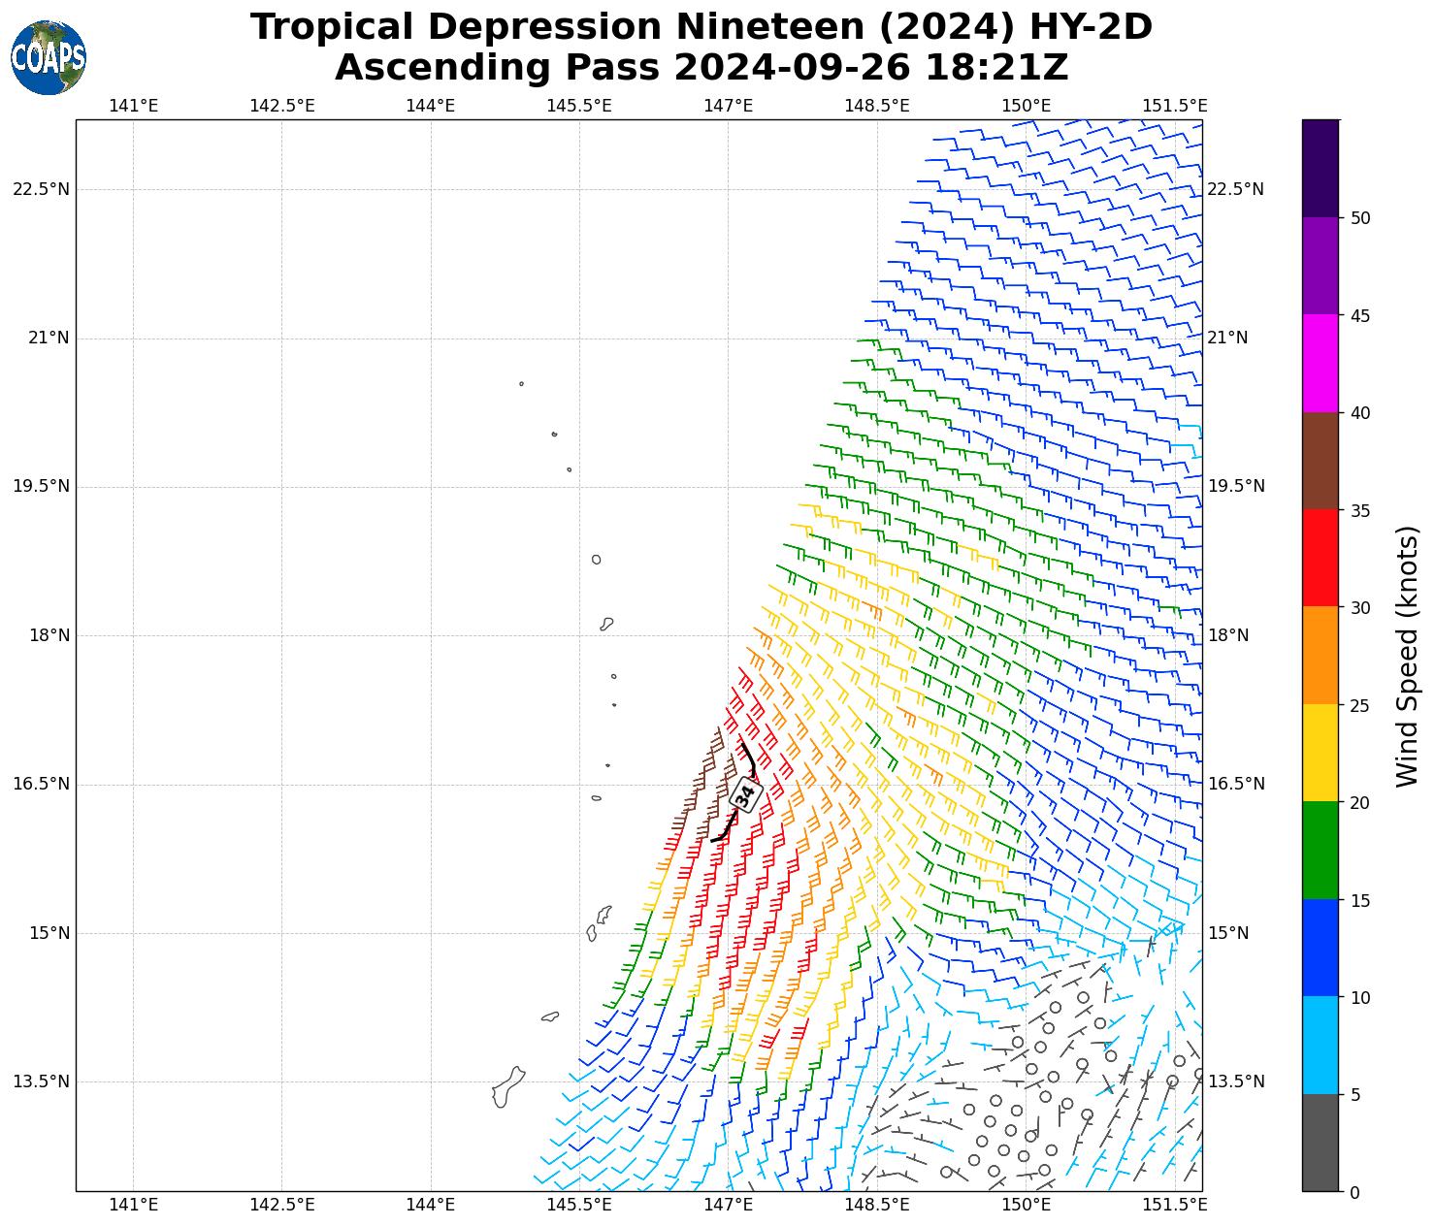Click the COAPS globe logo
[49, 58]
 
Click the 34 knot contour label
[745, 793]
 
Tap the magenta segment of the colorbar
[1320, 364]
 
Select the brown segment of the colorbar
[1320, 462]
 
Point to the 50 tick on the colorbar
[1360, 218]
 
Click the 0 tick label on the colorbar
[1354, 1193]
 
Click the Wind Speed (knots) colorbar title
[1407, 657]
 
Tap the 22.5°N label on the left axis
[41, 189]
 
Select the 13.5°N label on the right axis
[1235, 1082]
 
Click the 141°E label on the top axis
[133, 106]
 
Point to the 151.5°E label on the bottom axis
[1175, 1205]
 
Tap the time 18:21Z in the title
[996, 68]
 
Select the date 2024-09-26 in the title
[791, 68]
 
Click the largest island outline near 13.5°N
[507, 1087]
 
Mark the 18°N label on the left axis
[49, 636]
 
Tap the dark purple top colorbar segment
[1320, 168]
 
